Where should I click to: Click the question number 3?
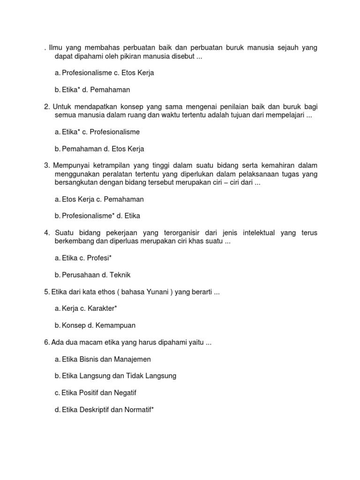coord(47,165)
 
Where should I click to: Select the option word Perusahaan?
coord(78,275)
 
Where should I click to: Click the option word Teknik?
coord(120,275)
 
